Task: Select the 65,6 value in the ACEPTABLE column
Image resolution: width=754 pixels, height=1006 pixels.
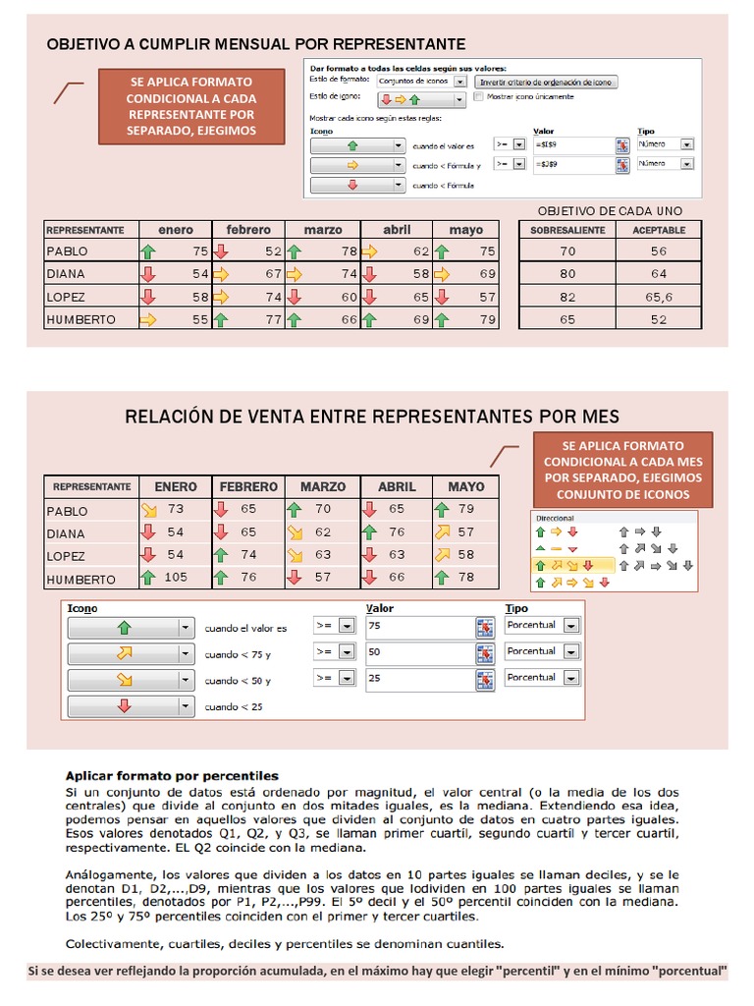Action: (658, 297)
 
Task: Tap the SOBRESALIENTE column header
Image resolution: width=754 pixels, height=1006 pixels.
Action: (567, 230)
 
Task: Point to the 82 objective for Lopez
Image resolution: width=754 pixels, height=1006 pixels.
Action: (567, 297)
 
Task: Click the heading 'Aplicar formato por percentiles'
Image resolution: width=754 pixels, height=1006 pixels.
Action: (172, 775)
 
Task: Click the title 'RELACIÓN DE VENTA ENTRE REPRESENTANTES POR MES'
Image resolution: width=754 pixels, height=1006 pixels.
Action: (372, 417)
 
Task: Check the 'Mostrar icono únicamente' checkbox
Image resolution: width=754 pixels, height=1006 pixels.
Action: (479, 96)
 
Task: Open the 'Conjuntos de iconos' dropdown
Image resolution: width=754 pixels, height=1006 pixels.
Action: (421, 82)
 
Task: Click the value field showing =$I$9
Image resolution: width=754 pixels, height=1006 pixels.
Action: (572, 144)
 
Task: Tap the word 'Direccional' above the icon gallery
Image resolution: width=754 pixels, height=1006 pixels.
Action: (555, 517)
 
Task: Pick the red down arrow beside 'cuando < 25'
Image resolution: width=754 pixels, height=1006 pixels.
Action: (124, 705)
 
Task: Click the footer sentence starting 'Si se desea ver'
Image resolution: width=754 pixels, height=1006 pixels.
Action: (377, 972)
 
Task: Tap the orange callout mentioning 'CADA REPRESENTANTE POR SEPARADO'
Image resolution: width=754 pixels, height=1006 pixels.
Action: (191, 106)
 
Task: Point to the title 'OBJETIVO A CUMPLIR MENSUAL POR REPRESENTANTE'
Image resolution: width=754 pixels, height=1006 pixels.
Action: (256, 44)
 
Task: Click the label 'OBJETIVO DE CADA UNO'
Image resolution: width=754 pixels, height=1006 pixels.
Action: (610, 210)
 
